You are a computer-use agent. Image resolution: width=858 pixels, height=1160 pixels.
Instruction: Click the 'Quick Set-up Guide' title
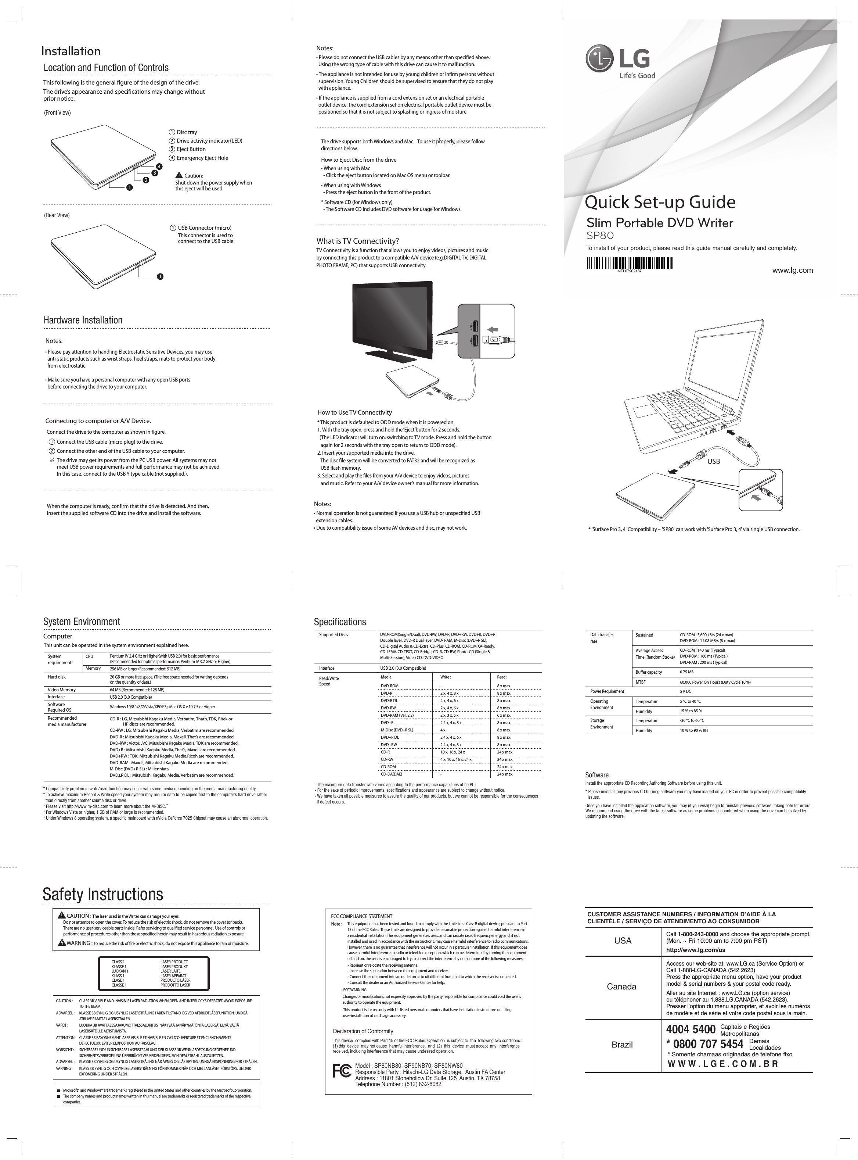pos(660,202)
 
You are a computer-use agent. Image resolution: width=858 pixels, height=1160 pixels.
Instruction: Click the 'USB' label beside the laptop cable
pos(714,461)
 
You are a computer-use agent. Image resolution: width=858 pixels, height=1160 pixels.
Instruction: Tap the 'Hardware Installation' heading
pos(83,320)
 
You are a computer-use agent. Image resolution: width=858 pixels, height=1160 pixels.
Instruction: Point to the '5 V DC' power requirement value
pos(686,692)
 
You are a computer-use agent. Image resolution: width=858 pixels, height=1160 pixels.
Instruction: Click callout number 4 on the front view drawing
pos(159,166)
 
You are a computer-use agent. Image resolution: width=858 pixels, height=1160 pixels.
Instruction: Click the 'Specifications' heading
pos(340,622)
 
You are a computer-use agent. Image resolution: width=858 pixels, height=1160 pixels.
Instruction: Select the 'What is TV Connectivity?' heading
pos(357,241)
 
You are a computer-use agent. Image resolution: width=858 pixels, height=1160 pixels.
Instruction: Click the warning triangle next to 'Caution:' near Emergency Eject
pos(179,175)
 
